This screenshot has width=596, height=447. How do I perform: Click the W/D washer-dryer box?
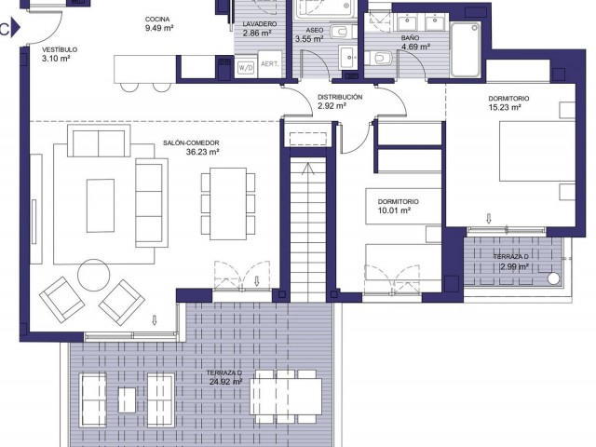(x=246, y=67)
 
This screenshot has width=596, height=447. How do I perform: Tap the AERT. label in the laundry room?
(x=271, y=64)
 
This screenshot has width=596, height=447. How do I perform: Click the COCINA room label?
(x=158, y=19)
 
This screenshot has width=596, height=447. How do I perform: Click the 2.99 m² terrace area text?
(x=513, y=266)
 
